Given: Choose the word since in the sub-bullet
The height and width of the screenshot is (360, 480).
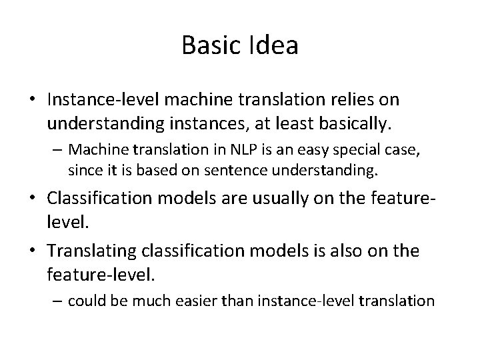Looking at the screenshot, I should pos(82,171).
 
